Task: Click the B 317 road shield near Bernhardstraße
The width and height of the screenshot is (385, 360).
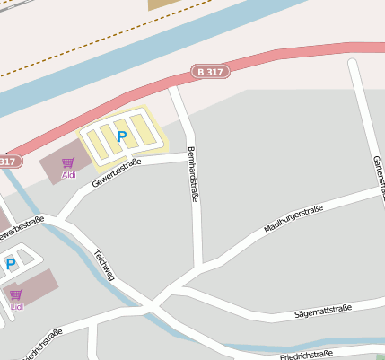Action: click(x=211, y=71)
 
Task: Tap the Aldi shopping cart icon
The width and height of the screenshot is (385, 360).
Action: click(x=68, y=163)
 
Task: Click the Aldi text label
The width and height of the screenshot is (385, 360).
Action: click(x=68, y=175)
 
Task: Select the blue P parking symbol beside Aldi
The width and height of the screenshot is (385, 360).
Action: click(x=122, y=137)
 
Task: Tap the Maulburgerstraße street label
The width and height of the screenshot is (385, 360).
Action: click(x=293, y=219)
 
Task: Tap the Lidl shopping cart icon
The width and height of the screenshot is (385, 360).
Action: click(x=15, y=294)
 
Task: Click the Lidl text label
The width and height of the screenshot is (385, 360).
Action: click(x=16, y=307)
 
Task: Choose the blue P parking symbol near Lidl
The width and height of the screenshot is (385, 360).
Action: click(x=11, y=264)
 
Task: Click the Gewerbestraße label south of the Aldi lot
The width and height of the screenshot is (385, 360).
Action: click(x=117, y=171)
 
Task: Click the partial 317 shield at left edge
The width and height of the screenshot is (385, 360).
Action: click(x=8, y=162)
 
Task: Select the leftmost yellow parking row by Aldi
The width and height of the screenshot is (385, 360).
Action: click(x=93, y=143)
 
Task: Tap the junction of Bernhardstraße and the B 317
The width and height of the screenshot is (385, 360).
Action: click(x=174, y=87)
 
